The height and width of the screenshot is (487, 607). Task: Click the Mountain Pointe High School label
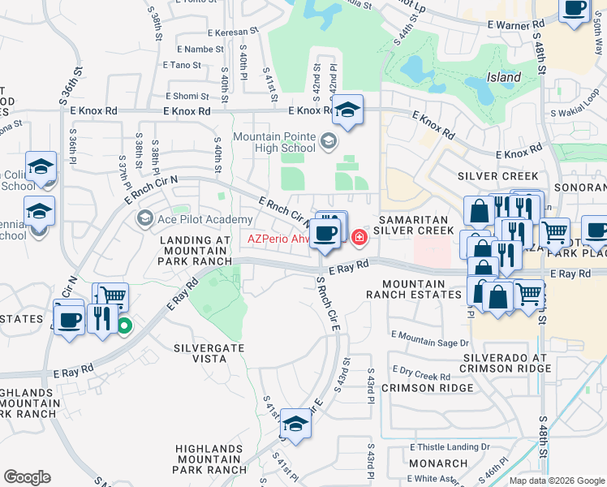click(x=274, y=142)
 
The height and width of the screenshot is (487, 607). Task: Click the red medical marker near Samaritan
click(x=359, y=237)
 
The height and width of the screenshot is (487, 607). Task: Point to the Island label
click(x=504, y=78)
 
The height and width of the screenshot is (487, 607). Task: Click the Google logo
click(x=27, y=477)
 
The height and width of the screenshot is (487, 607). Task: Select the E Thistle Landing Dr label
click(x=450, y=447)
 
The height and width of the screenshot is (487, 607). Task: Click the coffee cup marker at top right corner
click(x=575, y=10)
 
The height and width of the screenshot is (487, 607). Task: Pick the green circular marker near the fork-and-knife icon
click(x=124, y=327)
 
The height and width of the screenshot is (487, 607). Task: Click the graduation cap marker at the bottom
click(x=295, y=426)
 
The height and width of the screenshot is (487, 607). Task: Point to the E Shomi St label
click(x=187, y=96)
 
